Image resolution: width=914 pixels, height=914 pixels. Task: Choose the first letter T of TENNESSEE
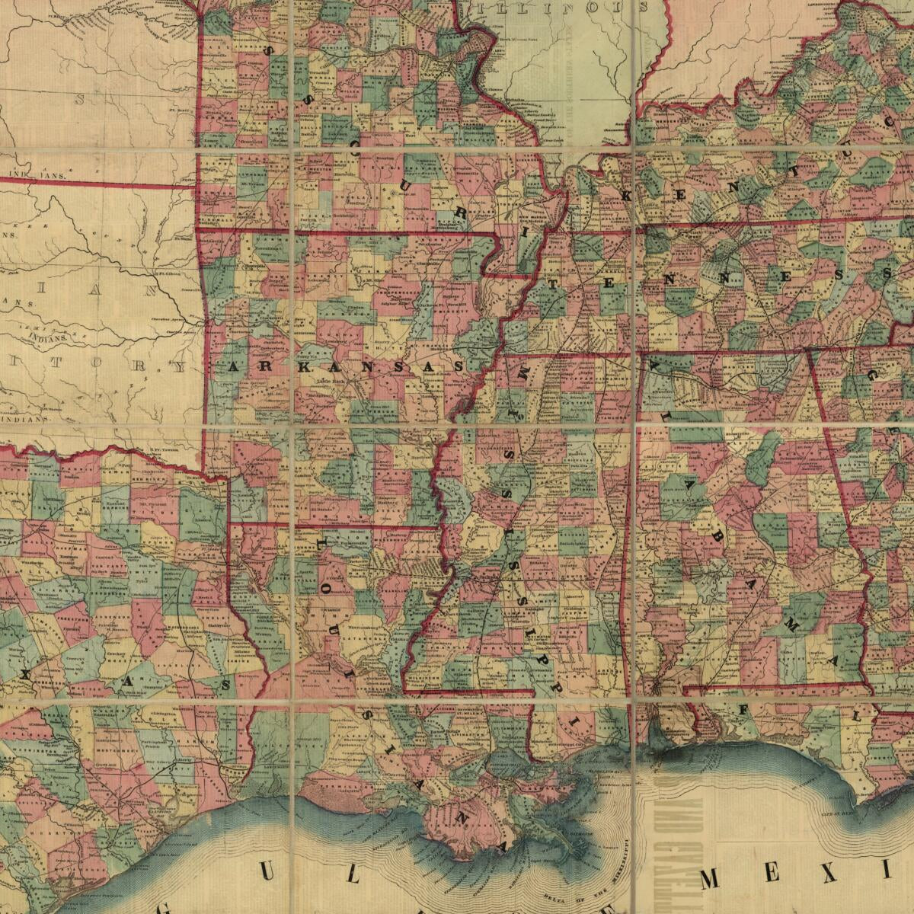coord(554,285)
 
